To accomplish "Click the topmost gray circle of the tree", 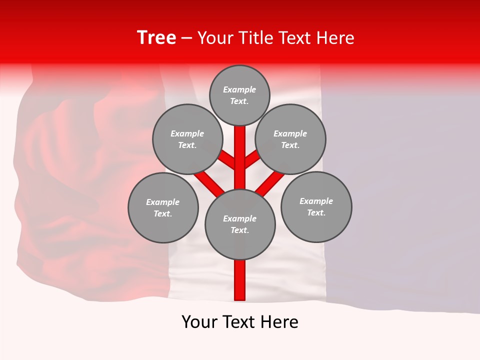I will pos(239,95).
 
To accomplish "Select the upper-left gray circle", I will pos(187,139).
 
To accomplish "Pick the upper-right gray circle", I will pos(290,139).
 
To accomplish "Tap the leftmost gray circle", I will pos(163,207).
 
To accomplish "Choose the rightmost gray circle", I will pos(316,206).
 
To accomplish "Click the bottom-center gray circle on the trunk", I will pos(240,224).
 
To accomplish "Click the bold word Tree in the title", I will pos(156,38).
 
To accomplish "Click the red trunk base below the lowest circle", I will pos(240,280).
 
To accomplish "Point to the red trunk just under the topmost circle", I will pos(240,137).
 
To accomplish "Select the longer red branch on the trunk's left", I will pos(209,182).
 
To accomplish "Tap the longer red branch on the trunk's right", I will pos(270,182).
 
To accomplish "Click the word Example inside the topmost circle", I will pos(239,89).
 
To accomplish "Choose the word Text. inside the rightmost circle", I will pos(316,212).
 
